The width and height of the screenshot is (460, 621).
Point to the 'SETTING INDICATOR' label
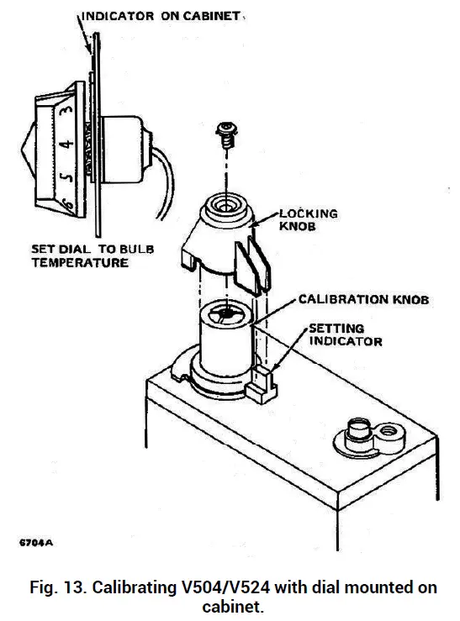(x=346, y=335)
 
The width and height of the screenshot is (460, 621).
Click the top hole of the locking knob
(x=225, y=204)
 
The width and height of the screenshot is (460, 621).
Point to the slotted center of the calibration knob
(x=223, y=314)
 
